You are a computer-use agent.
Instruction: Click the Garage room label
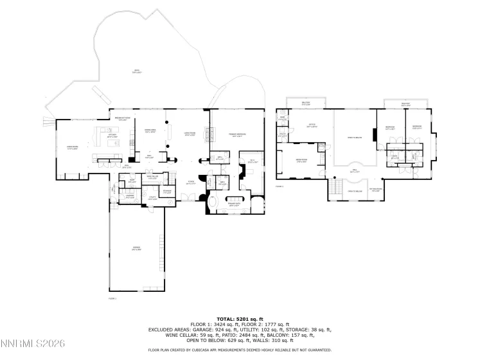point(136,248)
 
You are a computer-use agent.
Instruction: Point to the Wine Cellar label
point(152,177)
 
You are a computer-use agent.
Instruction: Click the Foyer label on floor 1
point(191,183)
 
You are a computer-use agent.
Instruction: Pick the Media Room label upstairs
point(301,161)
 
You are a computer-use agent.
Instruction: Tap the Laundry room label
point(129,197)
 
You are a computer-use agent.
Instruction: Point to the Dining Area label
point(150,131)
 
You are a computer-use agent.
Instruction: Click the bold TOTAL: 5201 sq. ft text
point(240,318)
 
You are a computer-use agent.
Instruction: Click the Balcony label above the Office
point(306,104)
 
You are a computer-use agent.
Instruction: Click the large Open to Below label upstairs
point(354,137)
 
